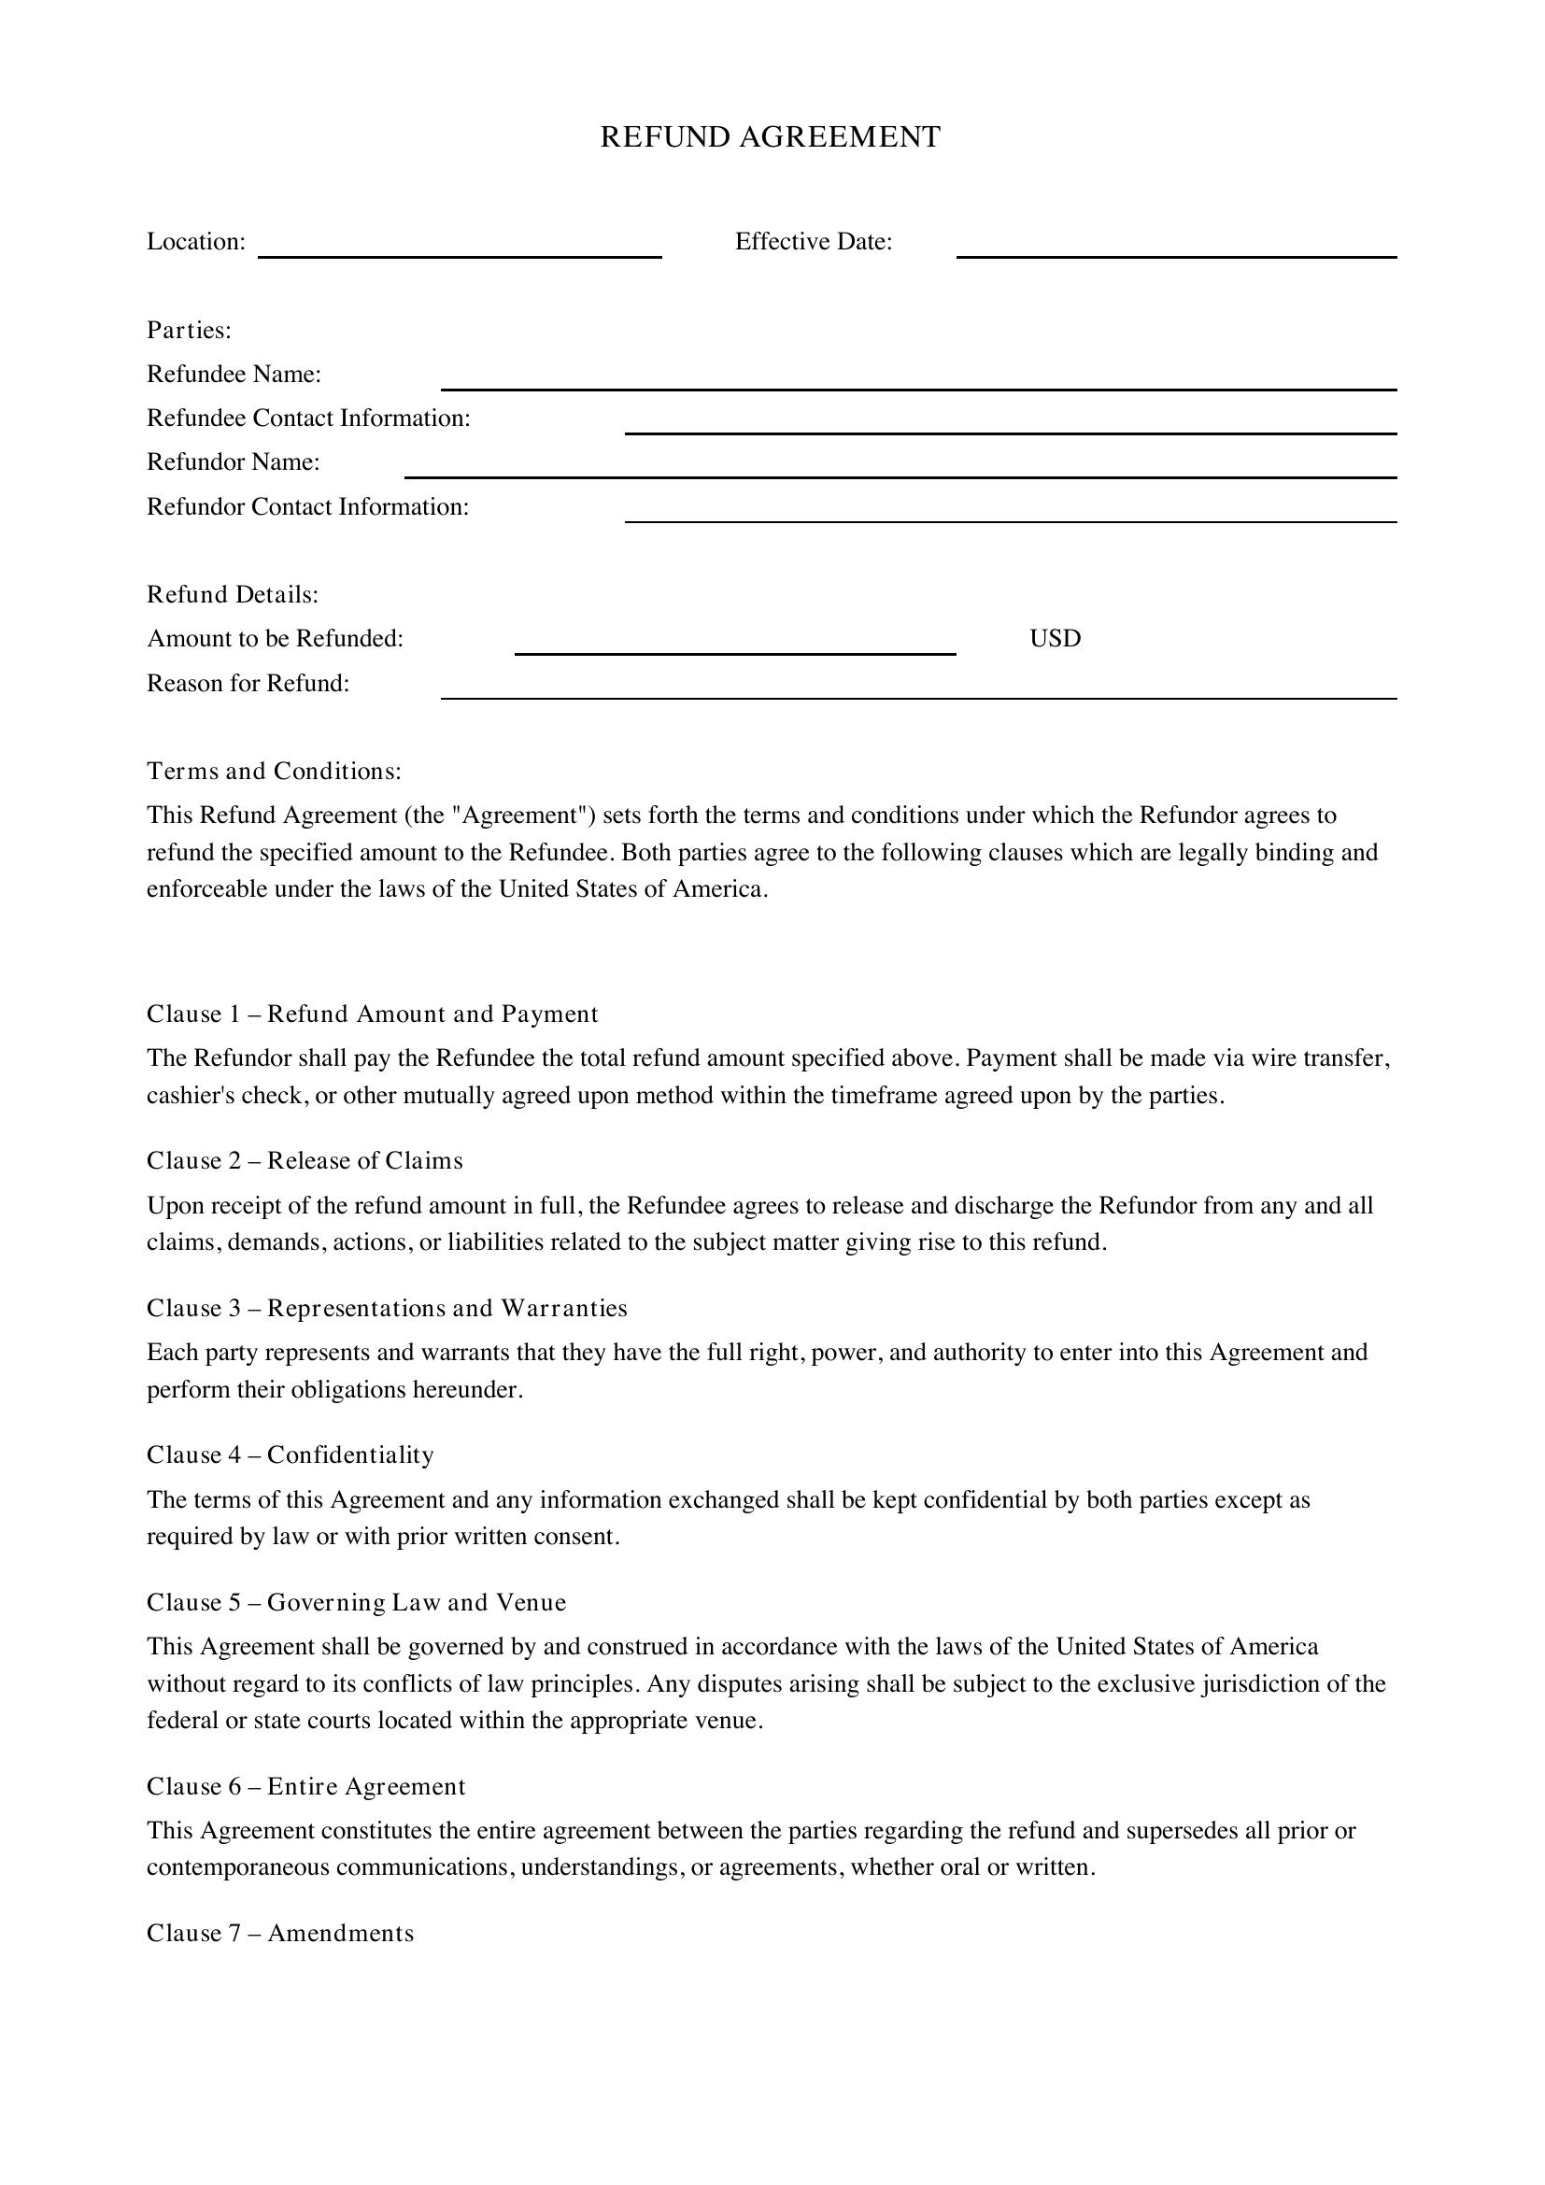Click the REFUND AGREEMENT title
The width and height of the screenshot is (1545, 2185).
pos(770,137)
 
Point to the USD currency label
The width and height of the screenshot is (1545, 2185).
pos(1055,639)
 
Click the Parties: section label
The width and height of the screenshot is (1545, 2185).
pos(190,330)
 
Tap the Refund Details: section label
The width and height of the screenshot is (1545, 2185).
pos(233,595)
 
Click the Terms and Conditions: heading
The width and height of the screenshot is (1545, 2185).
pos(274,771)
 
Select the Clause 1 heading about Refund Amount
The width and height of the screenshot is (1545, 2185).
pos(372,1014)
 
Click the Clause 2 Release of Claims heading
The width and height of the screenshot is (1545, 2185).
pos(305,1161)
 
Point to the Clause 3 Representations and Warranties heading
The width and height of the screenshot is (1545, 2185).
pos(387,1309)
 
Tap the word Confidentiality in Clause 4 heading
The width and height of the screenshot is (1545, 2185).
pos(350,1455)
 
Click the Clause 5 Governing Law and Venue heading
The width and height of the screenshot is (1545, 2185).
pos(356,1603)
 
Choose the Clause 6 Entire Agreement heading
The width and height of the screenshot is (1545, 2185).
pos(305,1786)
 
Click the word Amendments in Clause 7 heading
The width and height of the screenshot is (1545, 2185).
pos(341,1933)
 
